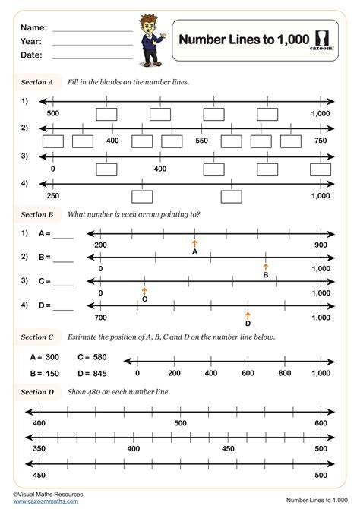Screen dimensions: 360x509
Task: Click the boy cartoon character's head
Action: coord(147,24)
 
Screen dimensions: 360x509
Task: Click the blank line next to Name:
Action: coord(93,31)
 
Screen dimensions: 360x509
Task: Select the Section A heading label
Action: coord(36,82)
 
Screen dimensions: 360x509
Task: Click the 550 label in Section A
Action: coord(201,141)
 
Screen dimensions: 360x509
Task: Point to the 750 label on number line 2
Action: coord(321,141)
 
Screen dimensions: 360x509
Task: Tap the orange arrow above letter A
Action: coord(194,244)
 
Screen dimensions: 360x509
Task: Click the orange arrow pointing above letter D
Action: coord(248,316)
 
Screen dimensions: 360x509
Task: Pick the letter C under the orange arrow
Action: coord(145,299)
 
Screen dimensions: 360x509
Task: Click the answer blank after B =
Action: coord(63,262)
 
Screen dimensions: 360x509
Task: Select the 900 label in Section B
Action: coord(321,245)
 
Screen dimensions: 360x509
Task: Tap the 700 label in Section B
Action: coord(100,318)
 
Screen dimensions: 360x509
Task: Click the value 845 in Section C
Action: coord(99,374)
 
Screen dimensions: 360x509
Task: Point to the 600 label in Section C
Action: coord(248,373)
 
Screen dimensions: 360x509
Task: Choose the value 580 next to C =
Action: coord(99,357)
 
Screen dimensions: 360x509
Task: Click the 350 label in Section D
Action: coord(39,449)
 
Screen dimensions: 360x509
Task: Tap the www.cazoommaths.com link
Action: coord(46,501)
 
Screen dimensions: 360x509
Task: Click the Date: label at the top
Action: coord(31,55)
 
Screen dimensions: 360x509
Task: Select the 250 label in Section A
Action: coord(53,196)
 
